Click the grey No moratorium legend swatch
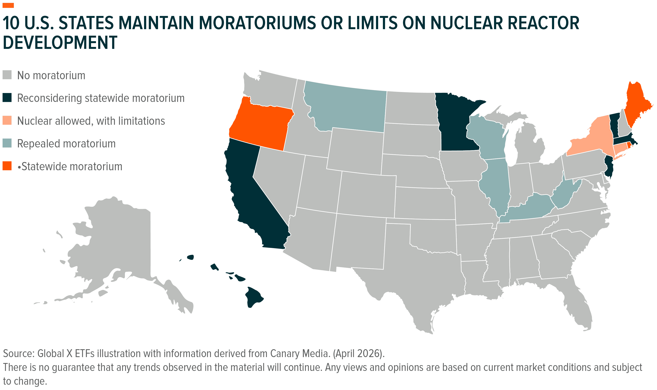click(7, 75)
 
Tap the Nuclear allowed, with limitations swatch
click(7, 120)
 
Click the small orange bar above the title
click(8, 6)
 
